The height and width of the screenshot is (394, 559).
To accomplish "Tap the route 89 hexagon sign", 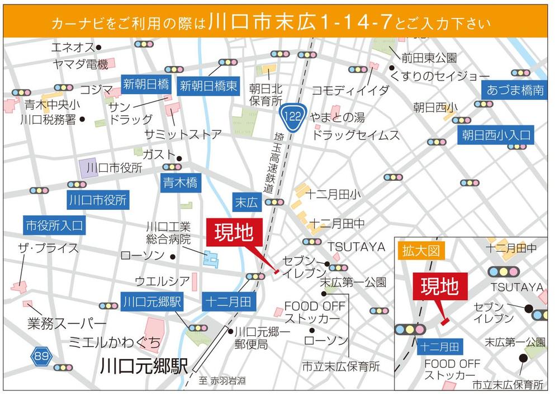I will click(40, 356).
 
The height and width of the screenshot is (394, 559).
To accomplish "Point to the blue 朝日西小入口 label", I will click(495, 134).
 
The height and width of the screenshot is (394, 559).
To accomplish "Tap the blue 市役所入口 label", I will click(54, 226).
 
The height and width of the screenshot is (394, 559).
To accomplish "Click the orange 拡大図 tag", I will click(421, 250).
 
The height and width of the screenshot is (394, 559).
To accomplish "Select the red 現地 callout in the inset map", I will click(439, 287).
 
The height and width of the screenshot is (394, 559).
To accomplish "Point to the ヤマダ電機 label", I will click(79, 64).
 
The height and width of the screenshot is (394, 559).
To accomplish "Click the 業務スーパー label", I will click(66, 324).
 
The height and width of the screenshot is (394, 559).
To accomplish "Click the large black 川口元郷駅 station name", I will click(144, 367).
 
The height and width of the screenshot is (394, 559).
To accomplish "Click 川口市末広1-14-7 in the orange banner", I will click(301, 22).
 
